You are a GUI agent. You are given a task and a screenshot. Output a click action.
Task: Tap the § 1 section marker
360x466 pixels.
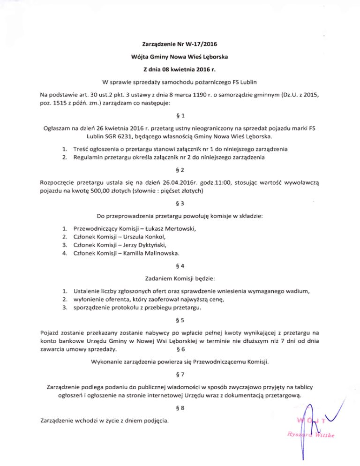pyautogui.click(x=180, y=116)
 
